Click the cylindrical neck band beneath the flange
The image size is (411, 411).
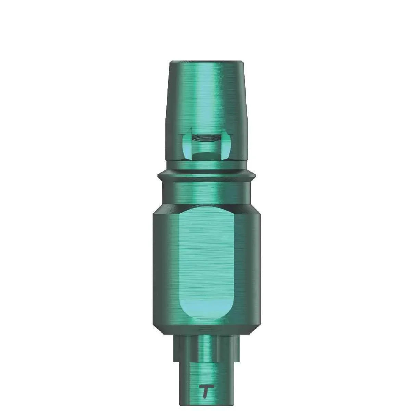(206, 192)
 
